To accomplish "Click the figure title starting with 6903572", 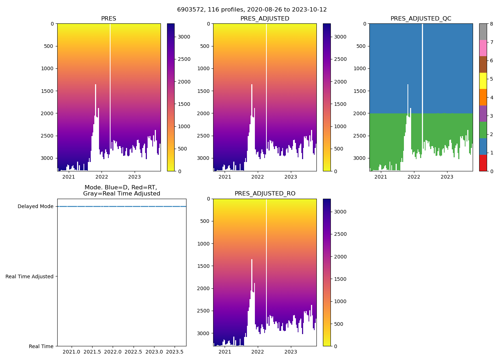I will [x=252, y=10].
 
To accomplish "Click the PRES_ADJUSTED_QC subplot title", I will [x=421, y=19].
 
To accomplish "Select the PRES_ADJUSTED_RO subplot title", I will [x=265, y=194].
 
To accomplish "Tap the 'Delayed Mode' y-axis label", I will [x=35, y=207].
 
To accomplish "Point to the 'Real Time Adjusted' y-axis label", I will [x=29, y=276].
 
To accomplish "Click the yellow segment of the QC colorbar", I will [x=483, y=81].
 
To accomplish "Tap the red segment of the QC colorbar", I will [x=483, y=163].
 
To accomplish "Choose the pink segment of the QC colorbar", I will [x=483, y=48].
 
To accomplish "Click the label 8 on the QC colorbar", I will [x=491, y=24].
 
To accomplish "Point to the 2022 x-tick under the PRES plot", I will [x=102, y=177].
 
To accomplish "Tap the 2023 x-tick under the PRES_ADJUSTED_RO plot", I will [x=291, y=352].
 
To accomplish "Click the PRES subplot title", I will [x=109, y=19].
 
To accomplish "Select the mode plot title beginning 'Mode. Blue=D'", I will [x=121, y=190].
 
